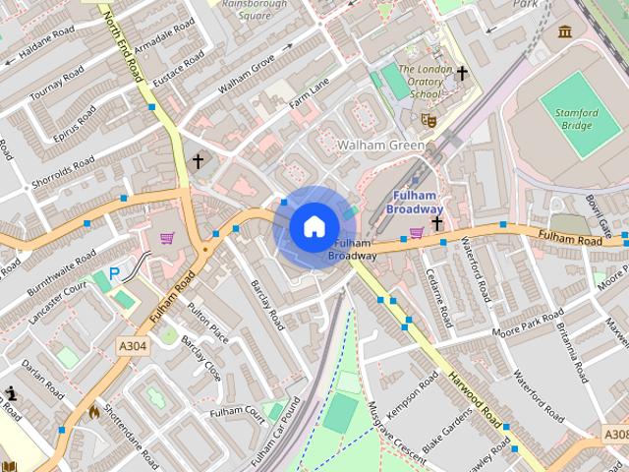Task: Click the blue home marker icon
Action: pyautogui.click(x=314, y=227)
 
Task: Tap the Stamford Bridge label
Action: pyautogui.click(x=575, y=119)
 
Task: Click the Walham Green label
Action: pyautogui.click(x=381, y=146)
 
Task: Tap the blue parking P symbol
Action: pyautogui.click(x=114, y=274)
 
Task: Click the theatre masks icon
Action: pyautogui.click(x=428, y=119)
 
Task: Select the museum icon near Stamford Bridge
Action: pyautogui.click(x=565, y=31)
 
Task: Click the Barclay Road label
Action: pyautogui.click(x=266, y=304)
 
